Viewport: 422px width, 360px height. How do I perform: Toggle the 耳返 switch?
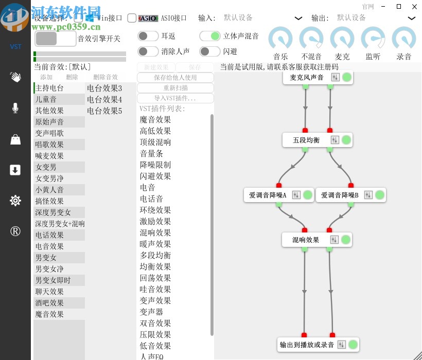[148, 36]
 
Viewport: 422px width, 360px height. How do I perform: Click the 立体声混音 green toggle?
[210, 36]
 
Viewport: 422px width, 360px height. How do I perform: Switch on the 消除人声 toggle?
[148, 51]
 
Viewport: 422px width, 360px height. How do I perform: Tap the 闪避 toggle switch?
[210, 51]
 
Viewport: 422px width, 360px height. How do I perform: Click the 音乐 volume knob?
[280, 39]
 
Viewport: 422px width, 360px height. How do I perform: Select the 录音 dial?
[404, 39]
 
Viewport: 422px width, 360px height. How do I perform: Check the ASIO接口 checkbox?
[132, 18]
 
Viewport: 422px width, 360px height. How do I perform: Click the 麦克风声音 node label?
[307, 77]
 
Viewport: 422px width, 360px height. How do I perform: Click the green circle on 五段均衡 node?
[346, 140]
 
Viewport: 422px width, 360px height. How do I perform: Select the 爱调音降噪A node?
[268, 195]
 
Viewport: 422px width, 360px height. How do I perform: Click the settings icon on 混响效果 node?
[335, 240]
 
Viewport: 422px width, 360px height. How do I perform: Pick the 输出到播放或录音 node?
[307, 345]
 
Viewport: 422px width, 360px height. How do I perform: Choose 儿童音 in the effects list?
[46, 99]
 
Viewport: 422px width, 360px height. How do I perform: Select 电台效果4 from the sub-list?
[104, 99]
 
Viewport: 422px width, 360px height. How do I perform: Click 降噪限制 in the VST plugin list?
[155, 165]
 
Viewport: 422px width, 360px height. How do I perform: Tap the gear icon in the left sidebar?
[15, 201]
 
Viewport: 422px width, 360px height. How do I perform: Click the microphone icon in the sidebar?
[15, 108]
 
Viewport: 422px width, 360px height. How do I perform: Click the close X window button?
[413, 7]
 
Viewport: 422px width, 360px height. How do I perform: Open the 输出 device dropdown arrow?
[412, 18]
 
